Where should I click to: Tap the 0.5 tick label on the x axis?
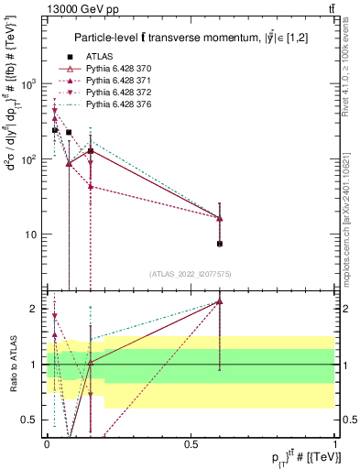point(191,443)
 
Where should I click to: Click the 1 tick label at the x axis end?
point(335,443)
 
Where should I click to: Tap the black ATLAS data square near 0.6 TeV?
point(220,244)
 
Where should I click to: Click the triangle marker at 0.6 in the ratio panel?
point(220,301)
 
